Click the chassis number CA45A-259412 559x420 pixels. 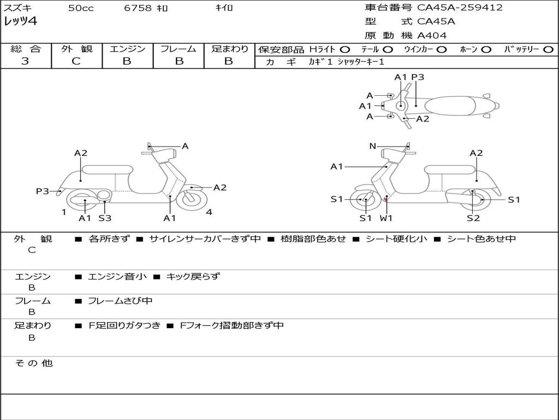[x=460, y=8]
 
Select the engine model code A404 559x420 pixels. [x=432, y=36]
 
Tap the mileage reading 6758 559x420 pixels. [x=138, y=8]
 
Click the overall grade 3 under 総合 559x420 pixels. [x=25, y=61]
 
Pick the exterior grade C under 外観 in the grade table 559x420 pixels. [x=76, y=61]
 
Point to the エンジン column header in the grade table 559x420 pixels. [x=127, y=49]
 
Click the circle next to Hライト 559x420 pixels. [x=345, y=50]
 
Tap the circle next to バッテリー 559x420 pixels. [x=548, y=50]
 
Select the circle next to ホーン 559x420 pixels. [x=486, y=50]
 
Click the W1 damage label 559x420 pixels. [x=386, y=218]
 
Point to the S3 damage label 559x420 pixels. [x=105, y=218]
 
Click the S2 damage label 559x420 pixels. [x=473, y=218]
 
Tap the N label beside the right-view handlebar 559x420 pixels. [x=372, y=146]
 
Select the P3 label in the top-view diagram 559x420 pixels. [x=418, y=77]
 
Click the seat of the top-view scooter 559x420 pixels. [x=450, y=106]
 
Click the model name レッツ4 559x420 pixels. [x=20, y=21]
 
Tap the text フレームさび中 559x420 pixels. [x=120, y=301]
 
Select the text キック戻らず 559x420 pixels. [x=193, y=276]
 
